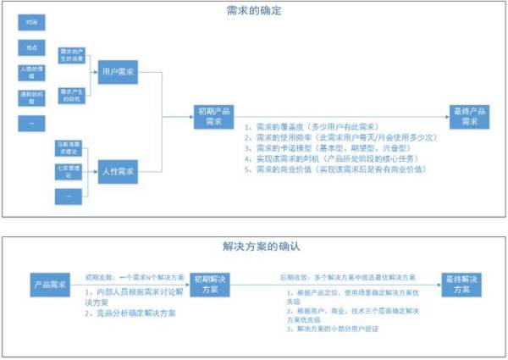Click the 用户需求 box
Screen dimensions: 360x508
114,73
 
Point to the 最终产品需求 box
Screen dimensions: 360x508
470,116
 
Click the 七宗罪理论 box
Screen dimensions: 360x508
71,172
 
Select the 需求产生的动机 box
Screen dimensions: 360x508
71,93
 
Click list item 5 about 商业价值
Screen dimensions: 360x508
335,169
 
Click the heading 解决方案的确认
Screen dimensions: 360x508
254,247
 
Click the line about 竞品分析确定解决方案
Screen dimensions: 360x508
130,313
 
